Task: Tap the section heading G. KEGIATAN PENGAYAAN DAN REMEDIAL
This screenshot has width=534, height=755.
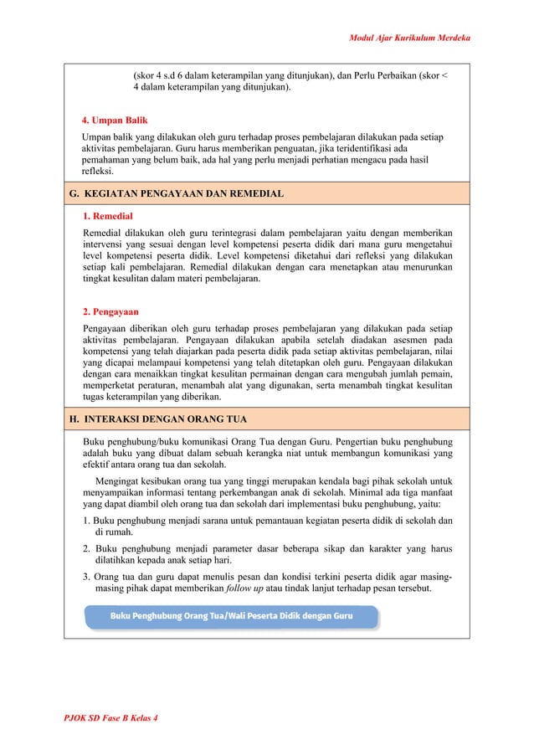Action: click(x=176, y=194)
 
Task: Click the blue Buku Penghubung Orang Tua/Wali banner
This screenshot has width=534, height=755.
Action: click(x=231, y=616)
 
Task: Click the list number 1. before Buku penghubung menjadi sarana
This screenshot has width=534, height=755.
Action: click(x=86, y=520)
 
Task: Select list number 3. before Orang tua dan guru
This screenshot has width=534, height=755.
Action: click(x=87, y=577)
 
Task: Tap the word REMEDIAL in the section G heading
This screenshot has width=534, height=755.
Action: click(x=254, y=194)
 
